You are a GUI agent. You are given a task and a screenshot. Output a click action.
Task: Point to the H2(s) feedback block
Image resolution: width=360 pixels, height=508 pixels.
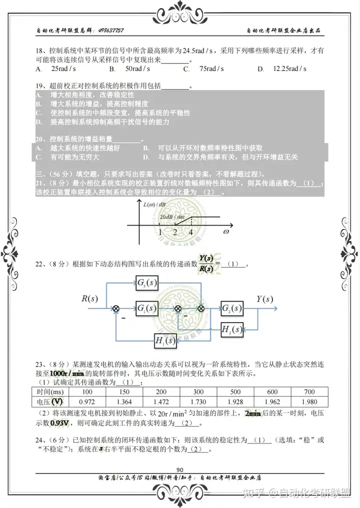coord(232,329)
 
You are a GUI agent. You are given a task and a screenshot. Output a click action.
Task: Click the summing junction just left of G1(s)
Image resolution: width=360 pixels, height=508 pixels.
coord(116,309)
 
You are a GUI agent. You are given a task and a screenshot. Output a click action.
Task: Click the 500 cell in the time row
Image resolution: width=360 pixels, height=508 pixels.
coord(235,392)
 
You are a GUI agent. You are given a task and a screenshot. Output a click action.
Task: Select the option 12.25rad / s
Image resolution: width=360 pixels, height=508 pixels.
coord(289,69)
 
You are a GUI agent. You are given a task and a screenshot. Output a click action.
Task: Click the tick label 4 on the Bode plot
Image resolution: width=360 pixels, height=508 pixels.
coord(190,232)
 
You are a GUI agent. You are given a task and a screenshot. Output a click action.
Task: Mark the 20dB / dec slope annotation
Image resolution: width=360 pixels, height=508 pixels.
coord(173,218)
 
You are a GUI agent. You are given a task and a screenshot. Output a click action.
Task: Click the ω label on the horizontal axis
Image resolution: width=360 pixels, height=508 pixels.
coord(226,232)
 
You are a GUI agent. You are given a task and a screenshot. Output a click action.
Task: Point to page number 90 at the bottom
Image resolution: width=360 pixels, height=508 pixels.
coord(180,469)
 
